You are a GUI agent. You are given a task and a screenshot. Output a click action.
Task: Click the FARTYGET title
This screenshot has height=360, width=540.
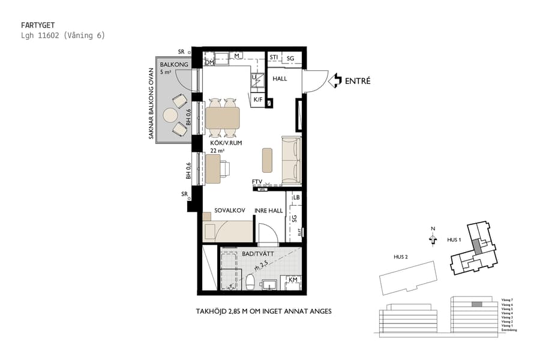(x=38, y=25)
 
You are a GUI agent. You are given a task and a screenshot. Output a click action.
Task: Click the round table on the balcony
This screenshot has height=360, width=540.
(x=171, y=115)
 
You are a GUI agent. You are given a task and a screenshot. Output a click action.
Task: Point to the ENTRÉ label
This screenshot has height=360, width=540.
(x=358, y=80)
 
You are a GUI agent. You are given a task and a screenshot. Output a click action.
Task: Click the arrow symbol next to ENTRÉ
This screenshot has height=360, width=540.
(x=337, y=80)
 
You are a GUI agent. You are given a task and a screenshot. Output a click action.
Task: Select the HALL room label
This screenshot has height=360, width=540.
(x=280, y=79)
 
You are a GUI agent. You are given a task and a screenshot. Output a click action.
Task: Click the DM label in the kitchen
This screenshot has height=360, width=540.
(x=209, y=62)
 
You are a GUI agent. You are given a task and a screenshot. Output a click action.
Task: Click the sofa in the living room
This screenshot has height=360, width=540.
(x=291, y=160)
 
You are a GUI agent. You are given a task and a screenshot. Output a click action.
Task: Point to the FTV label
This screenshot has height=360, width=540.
(x=257, y=182)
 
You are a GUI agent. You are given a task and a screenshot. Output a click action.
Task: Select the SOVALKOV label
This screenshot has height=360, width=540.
(x=227, y=211)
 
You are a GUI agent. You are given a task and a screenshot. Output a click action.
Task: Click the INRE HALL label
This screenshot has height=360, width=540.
(x=268, y=211)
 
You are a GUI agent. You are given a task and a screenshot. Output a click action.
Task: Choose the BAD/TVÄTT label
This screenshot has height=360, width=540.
(x=257, y=254)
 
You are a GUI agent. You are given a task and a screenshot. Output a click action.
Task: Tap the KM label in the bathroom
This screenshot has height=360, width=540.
(x=293, y=280)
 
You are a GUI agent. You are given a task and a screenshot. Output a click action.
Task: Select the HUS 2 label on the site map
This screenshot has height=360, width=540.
(x=401, y=257)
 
